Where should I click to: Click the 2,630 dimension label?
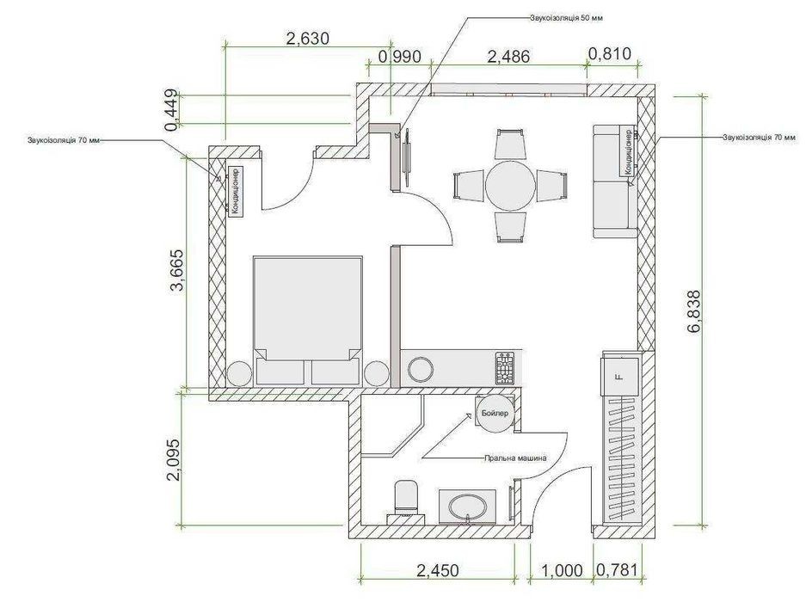307,39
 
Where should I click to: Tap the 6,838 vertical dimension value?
694,312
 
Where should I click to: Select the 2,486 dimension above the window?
508,56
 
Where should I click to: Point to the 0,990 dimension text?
399,56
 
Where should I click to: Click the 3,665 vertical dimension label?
177,270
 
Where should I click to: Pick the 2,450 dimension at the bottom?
438,570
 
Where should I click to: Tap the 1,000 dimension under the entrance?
562,570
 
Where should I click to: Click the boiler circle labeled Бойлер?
495,414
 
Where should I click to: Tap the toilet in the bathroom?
406,497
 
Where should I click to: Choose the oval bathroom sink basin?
468,507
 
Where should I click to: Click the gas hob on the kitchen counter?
504,368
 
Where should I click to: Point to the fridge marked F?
620,377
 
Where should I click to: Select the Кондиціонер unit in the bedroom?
236,190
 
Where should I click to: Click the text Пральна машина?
515,458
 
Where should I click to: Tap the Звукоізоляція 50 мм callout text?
566,18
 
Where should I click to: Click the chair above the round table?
510,144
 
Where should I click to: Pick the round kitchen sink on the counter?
421,368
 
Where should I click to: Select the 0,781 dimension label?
617,570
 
